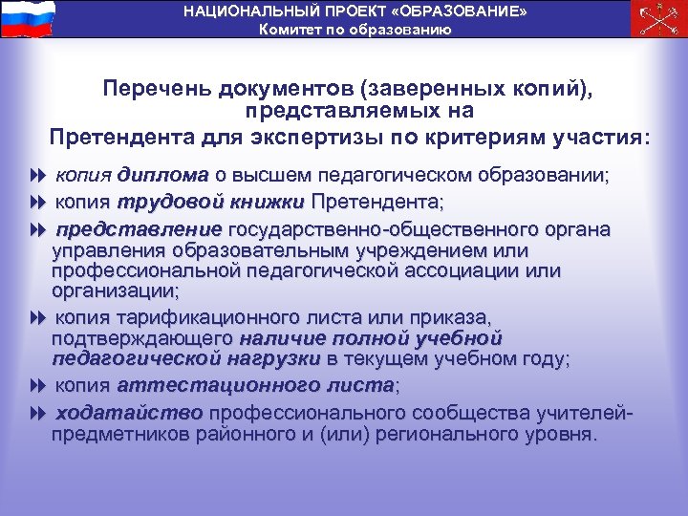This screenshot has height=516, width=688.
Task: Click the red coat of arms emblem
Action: (659, 18)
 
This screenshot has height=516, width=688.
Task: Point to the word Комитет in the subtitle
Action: (289, 29)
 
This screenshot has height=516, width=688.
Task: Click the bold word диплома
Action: (163, 176)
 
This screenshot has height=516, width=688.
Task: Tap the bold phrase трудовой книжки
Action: (211, 203)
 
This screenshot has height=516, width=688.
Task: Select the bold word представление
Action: (139, 229)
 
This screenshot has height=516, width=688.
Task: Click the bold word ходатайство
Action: (129, 413)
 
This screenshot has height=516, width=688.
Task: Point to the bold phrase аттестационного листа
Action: (255, 386)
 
